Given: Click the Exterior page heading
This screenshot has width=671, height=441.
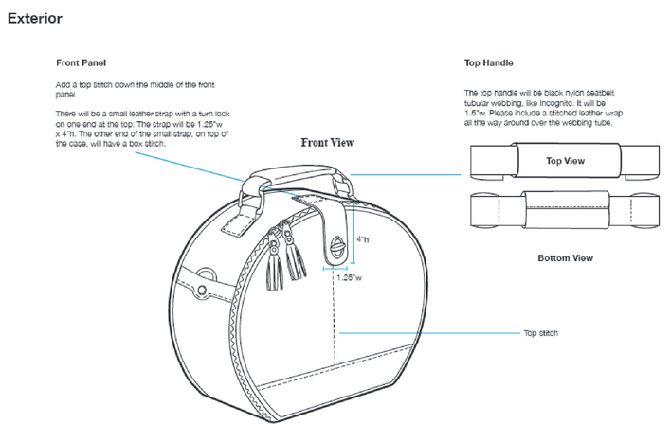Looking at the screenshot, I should coord(35,18).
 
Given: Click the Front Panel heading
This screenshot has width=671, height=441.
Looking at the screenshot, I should coord(81,64).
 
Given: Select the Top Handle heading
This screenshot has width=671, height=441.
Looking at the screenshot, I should coord(488,64).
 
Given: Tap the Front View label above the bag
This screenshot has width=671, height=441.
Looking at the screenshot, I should coord(327,143).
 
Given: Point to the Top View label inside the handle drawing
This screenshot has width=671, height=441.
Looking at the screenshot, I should coord(565,161).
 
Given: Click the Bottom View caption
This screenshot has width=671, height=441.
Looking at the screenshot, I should coord(565,257).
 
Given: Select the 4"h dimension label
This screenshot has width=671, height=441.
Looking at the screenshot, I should coord(361,241).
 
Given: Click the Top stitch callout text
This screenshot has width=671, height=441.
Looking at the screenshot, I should coord(541,333).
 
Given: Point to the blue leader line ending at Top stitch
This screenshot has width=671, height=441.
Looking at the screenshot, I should coord(426,333).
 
